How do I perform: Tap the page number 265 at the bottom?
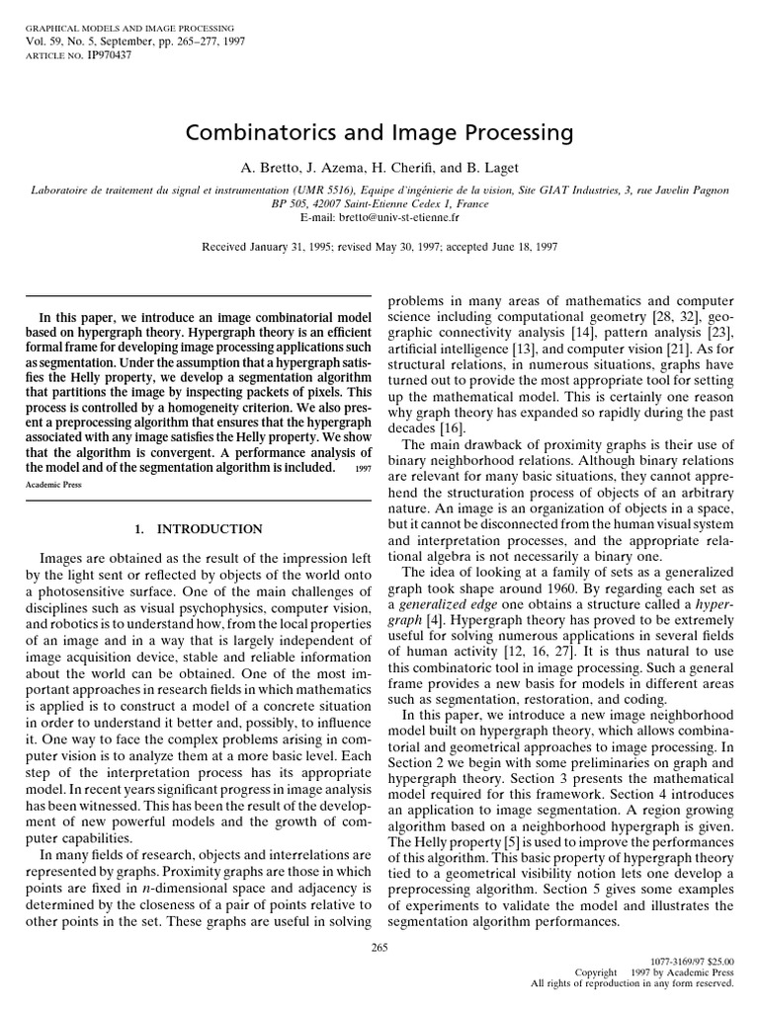point(379,947)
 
